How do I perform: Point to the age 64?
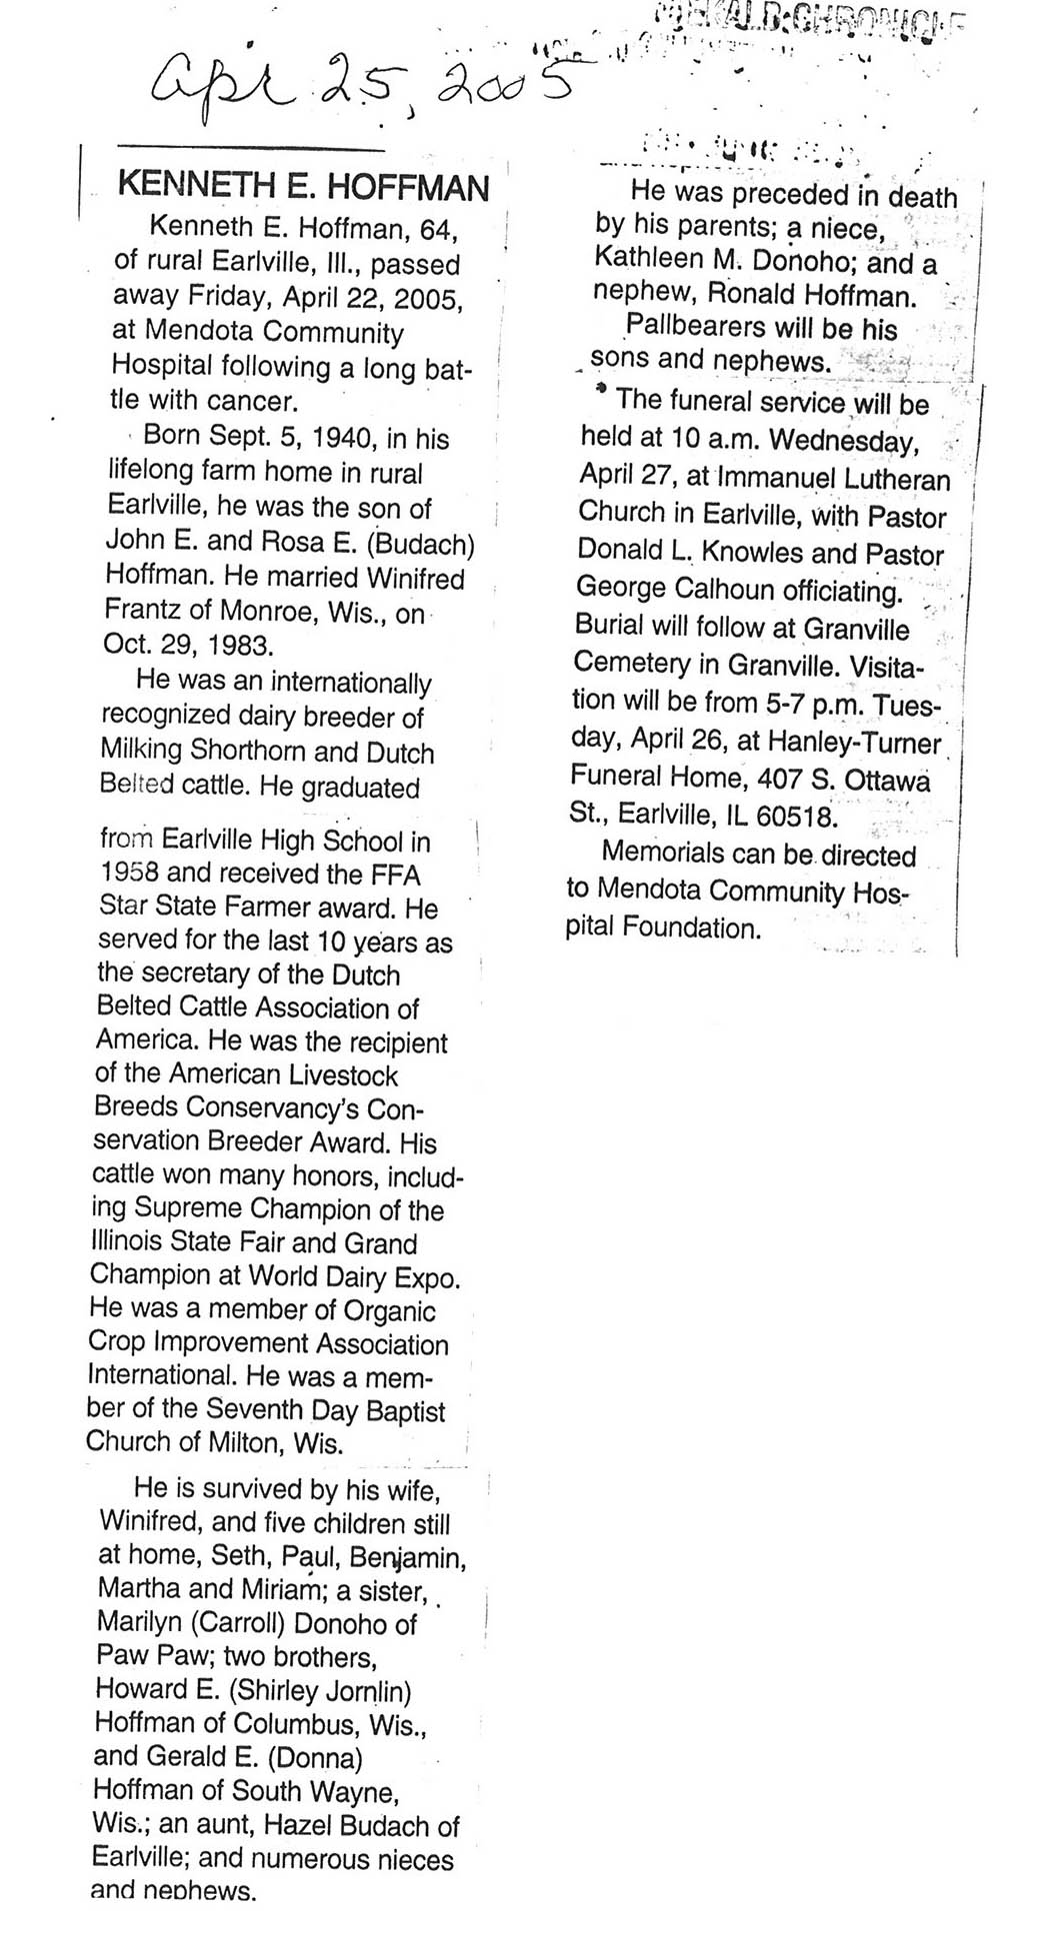click(x=438, y=231)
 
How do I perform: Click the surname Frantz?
click(x=141, y=611)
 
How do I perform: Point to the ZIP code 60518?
click(x=795, y=816)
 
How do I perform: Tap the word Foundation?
click(x=691, y=928)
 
